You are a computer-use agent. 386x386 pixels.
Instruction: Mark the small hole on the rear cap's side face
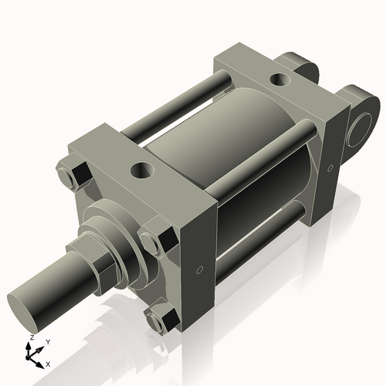click(330, 166)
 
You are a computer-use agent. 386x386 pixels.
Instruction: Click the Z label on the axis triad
click(31, 338)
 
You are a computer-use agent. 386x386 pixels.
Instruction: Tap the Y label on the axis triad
click(47, 341)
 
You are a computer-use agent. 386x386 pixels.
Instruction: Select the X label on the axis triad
click(49, 363)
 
